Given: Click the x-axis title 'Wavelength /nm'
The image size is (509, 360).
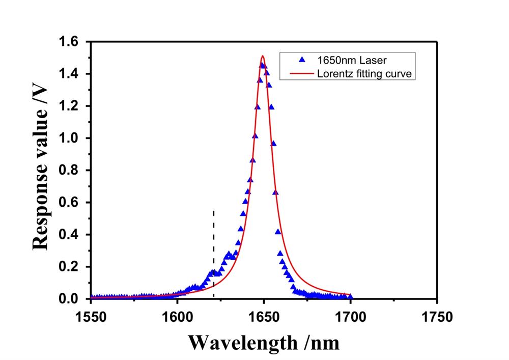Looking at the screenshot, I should click(x=264, y=342).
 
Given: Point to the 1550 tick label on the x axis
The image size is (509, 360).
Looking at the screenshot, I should click(x=91, y=317).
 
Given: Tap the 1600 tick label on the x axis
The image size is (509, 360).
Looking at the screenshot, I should click(x=177, y=317).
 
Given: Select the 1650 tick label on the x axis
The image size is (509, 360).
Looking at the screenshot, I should click(x=264, y=317).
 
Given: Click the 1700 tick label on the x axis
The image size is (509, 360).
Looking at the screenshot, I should click(x=351, y=317).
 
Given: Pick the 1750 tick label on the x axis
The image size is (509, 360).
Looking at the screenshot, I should click(x=437, y=317).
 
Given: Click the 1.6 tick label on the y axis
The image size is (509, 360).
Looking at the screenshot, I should click(x=74, y=42).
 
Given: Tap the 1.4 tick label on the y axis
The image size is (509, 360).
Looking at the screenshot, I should click(x=74, y=74).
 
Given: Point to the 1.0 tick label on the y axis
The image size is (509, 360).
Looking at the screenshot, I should click(x=74, y=139).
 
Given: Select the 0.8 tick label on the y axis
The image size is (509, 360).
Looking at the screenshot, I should click(x=74, y=171).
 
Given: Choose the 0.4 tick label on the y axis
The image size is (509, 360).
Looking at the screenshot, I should click(x=74, y=235).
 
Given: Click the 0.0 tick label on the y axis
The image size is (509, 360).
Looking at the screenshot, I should click(x=74, y=299).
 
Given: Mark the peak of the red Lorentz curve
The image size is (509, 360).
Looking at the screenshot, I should click(x=263, y=56).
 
